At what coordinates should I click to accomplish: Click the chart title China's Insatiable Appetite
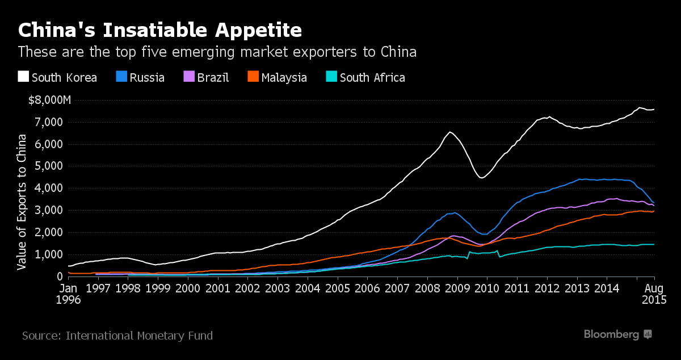[159, 29]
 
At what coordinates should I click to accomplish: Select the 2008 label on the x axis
[427, 288]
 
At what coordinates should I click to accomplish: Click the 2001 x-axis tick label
[217, 288]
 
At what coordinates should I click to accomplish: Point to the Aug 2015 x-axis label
[654, 294]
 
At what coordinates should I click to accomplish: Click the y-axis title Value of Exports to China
[22, 202]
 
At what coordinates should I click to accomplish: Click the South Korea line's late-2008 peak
[450, 132]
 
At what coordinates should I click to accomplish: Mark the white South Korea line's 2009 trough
[482, 178]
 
